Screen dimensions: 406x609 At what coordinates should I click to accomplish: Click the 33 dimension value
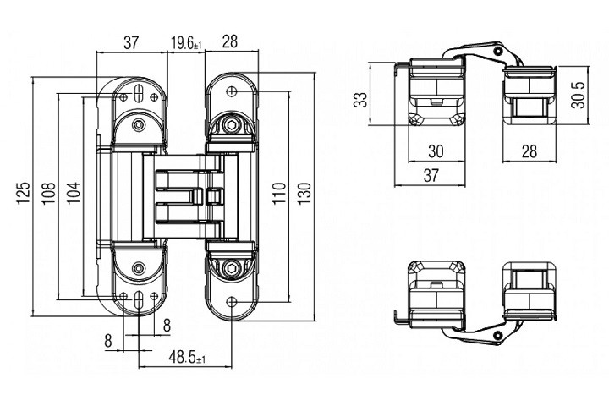tap(361, 100)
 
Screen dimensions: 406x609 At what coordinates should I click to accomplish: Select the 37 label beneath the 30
tap(431, 175)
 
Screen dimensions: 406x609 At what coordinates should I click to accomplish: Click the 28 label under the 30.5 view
tap(529, 152)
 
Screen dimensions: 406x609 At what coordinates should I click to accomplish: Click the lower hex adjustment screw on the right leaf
tap(231, 270)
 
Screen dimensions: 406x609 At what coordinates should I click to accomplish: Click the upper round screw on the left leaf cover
tap(138, 125)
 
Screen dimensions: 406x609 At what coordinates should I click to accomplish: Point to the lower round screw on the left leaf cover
tap(138, 270)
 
